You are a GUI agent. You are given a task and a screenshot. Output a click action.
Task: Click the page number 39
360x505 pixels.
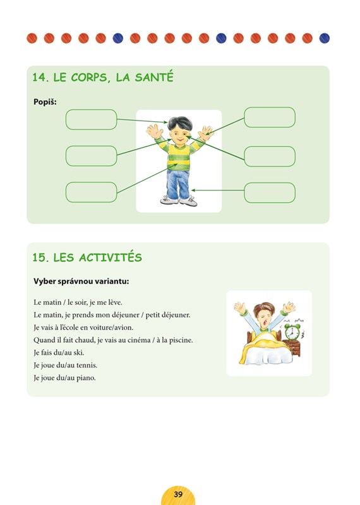coord(178,494)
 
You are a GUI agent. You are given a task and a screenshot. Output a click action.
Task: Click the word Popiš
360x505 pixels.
coord(45,102)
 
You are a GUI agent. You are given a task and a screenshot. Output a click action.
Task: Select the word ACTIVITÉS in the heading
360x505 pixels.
coord(111,258)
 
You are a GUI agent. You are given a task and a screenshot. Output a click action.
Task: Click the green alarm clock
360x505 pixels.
coord(292,332)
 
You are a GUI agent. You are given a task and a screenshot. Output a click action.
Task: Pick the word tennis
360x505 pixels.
coord(87,365)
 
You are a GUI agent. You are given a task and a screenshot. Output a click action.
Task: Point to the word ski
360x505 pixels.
coord(79,353)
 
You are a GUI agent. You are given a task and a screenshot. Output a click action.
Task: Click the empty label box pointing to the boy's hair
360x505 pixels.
coord(91,119)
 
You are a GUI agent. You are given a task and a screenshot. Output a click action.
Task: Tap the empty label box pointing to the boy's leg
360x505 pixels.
coord(270,193)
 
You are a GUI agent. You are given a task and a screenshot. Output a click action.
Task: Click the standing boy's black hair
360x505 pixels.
coord(180,122)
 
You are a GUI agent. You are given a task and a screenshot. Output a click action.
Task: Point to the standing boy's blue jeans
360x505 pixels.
coord(178,184)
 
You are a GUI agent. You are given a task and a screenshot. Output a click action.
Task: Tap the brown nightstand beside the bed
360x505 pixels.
coord(294,348)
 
